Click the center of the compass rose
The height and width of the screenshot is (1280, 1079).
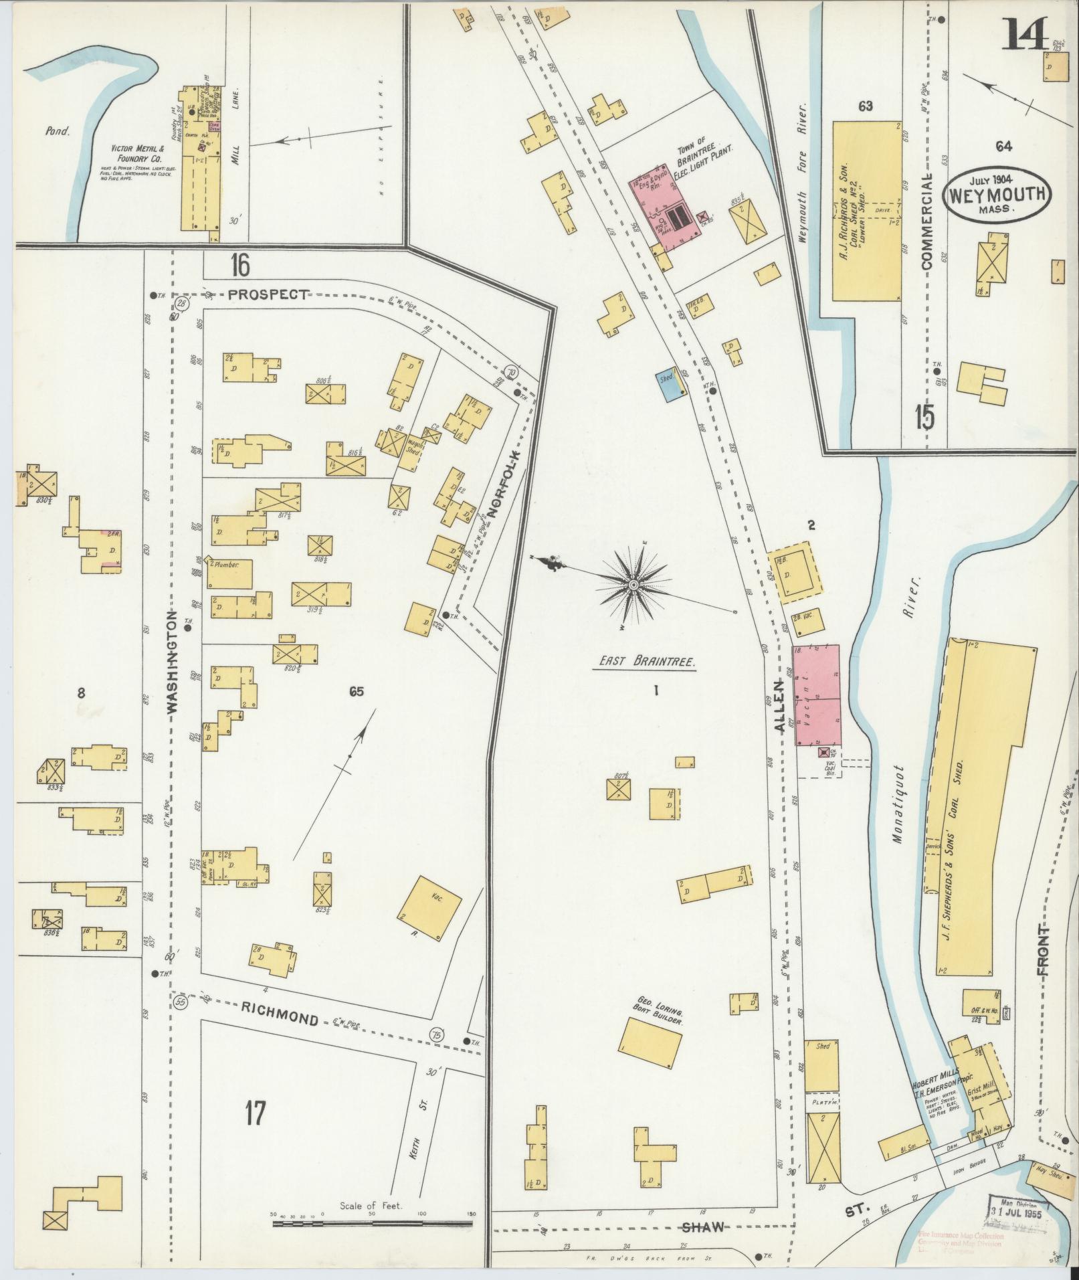click(x=633, y=586)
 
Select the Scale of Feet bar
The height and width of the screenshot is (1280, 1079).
click(x=373, y=1222)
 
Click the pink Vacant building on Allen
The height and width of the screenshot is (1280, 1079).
click(x=815, y=695)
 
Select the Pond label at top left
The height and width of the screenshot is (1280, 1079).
click(x=58, y=131)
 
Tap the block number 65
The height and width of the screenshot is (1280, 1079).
click(x=356, y=692)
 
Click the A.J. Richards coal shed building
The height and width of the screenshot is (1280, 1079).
click(x=866, y=211)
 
